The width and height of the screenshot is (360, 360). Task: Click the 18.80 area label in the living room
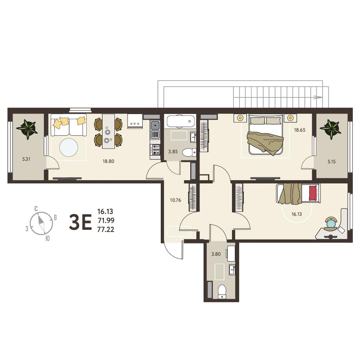(108, 161)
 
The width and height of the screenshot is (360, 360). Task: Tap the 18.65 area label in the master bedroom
(300, 130)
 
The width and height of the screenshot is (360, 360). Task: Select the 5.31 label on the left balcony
(26, 159)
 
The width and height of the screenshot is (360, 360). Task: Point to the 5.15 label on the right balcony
(331, 161)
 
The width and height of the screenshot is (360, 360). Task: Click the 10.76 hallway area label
(176, 200)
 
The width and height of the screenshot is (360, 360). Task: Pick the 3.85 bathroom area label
(173, 151)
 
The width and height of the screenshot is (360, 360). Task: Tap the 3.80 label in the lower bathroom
(216, 254)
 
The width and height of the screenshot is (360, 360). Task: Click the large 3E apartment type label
(80, 222)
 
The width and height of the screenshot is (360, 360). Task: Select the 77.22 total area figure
(106, 229)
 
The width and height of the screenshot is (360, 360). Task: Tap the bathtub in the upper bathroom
(181, 121)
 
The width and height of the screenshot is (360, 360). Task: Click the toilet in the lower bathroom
(222, 292)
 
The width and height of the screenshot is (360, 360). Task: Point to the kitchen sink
(155, 126)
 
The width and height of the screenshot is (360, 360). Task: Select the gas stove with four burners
(155, 150)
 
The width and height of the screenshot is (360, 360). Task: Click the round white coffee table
(69, 147)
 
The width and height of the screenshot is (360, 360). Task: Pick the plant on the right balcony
(331, 129)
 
